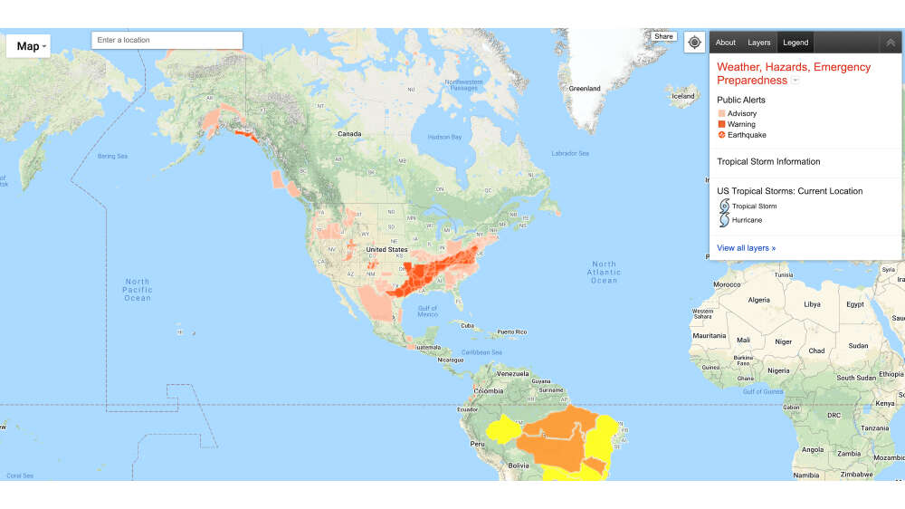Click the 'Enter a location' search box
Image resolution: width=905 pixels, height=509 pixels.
pos(167,40)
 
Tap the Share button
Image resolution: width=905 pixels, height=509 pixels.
pos(663,37)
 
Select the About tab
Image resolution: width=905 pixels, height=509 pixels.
pos(726,43)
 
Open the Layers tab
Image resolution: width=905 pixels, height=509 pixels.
pos(759,43)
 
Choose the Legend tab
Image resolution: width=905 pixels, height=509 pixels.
pos(795,43)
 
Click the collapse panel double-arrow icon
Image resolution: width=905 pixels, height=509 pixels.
pos(891,43)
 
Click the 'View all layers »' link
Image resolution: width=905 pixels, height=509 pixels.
pos(746,248)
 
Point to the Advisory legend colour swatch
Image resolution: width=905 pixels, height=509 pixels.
pos(721,113)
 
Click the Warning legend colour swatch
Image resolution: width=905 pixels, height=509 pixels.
pos(721,124)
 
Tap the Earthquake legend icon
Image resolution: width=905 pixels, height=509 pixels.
pos(721,135)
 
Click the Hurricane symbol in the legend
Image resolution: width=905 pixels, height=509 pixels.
pos(723,220)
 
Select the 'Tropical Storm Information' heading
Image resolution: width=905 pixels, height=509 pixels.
pos(768,162)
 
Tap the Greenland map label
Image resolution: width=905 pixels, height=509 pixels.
pos(584,89)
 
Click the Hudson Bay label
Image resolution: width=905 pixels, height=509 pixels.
pos(444,137)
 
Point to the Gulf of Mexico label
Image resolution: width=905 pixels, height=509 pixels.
pos(427,311)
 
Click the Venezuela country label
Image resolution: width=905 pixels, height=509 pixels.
pos(512,373)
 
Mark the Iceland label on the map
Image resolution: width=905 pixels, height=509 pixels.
pos(683,96)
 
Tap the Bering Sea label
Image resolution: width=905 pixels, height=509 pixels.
pos(112,157)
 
